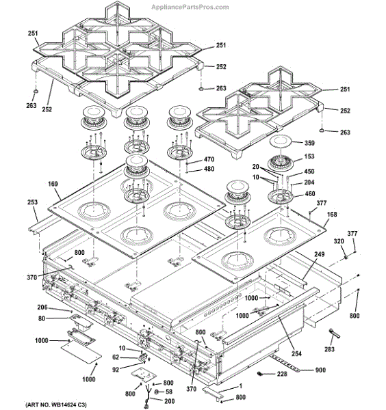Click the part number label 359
pos(309,143)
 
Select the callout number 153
pos(309,156)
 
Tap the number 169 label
pos(53,184)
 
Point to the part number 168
pos(332,215)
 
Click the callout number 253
pos(32,202)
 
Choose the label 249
pos(320,254)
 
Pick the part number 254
pos(297,353)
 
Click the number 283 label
pos(329,349)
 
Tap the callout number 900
pos(320,370)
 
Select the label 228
pos(282,374)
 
